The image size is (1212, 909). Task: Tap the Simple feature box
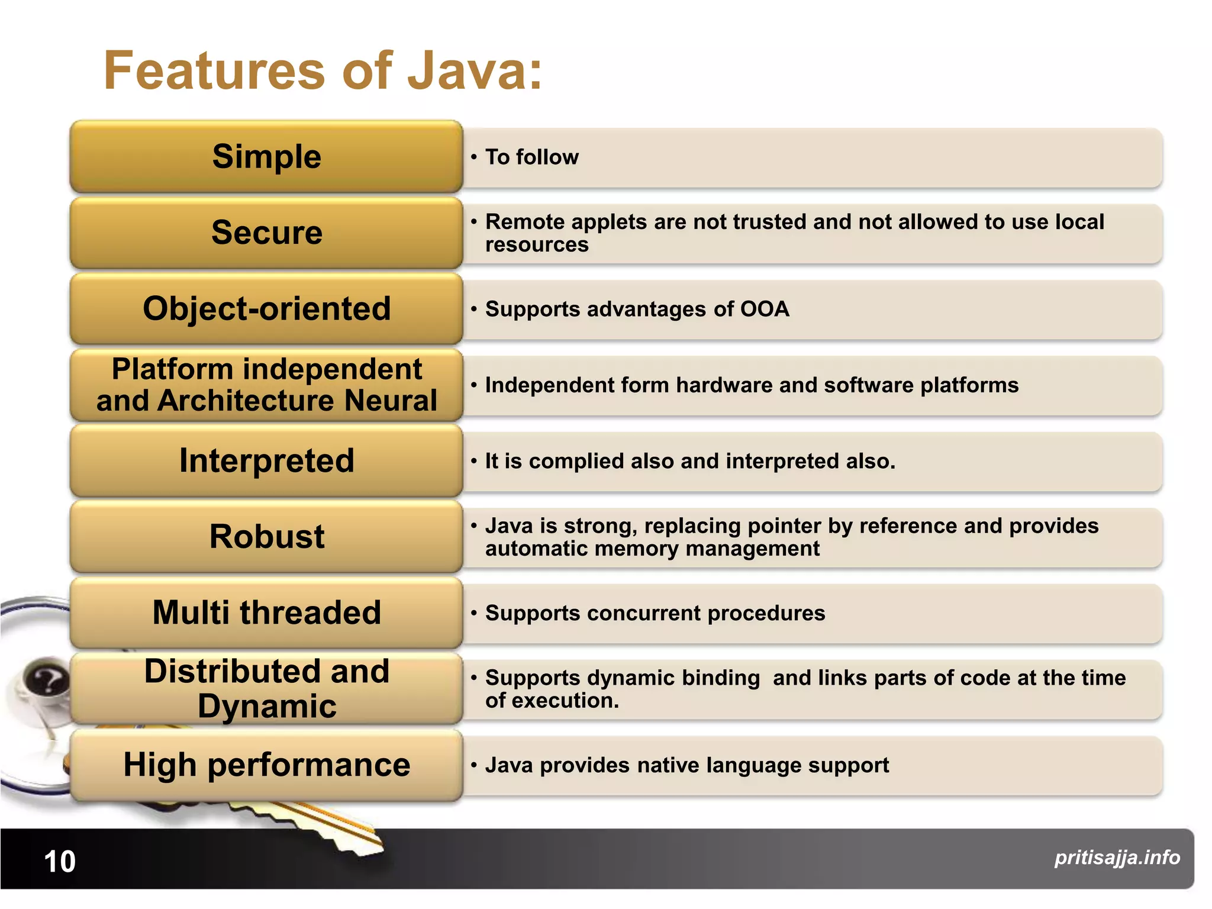coord(266,157)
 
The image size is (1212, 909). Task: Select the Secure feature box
coord(266,233)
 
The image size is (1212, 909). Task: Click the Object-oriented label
coord(266,309)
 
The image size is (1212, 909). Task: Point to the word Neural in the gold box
coord(391,401)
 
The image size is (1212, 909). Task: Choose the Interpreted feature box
coord(266,461)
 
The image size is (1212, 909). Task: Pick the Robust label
coord(266,537)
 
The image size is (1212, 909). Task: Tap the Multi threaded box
coord(266,613)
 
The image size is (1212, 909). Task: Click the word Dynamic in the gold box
coord(266,706)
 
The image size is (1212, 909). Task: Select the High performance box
coord(266,765)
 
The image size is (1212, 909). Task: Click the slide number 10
coord(60,862)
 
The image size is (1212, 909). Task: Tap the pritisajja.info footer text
coord(1117,858)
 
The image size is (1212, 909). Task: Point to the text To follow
coord(531,157)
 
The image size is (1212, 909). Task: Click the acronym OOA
coord(765,309)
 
